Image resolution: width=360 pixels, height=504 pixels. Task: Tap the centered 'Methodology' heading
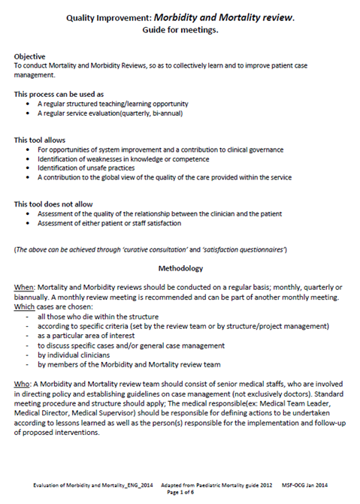(180, 267)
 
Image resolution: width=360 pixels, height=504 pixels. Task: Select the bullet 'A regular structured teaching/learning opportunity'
(131, 103)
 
